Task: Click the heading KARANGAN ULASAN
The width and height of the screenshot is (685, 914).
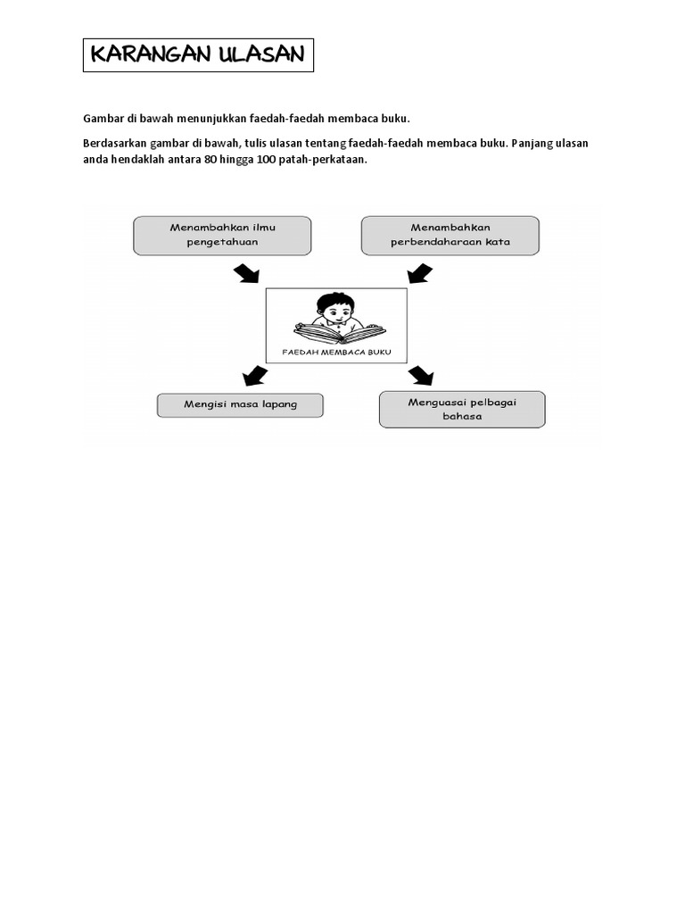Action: pos(197,55)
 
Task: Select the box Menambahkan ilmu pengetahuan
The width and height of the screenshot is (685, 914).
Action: pos(222,235)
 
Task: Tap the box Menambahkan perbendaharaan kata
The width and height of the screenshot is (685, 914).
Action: pos(450,235)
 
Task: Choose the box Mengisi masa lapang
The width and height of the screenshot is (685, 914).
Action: pos(240,405)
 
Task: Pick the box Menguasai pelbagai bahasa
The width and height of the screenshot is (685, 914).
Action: pos(461,409)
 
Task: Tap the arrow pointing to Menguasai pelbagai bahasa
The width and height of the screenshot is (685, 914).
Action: pos(420,375)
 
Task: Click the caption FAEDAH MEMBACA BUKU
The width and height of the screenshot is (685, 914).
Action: pos(336,352)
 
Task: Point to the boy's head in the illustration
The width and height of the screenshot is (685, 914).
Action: pos(334,311)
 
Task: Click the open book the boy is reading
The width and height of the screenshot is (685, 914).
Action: pos(339,333)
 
